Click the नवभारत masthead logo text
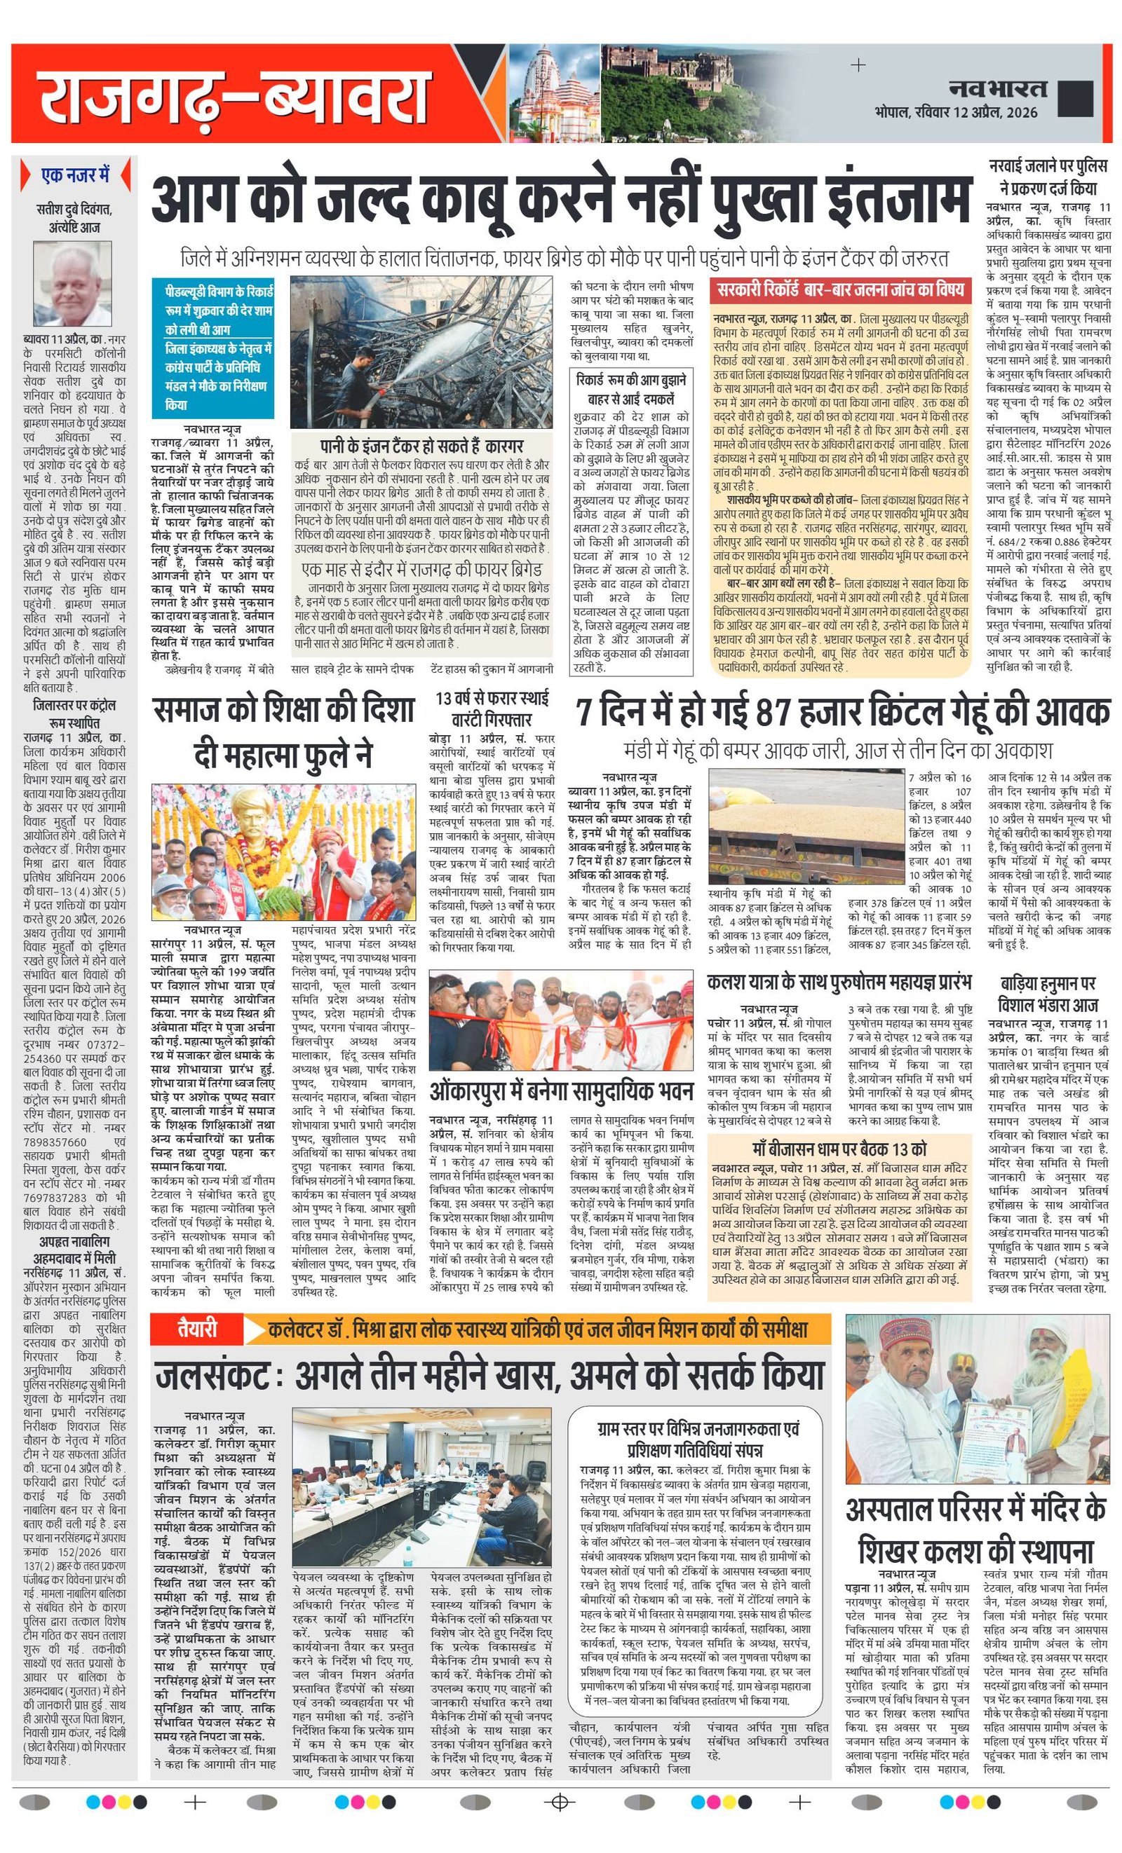(x=996, y=89)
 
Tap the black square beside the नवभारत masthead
(x=1074, y=97)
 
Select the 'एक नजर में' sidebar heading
(x=75, y=175)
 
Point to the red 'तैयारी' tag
(x=197, y=1329)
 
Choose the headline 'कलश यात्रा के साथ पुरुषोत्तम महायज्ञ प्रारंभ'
(x=839, y=981)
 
